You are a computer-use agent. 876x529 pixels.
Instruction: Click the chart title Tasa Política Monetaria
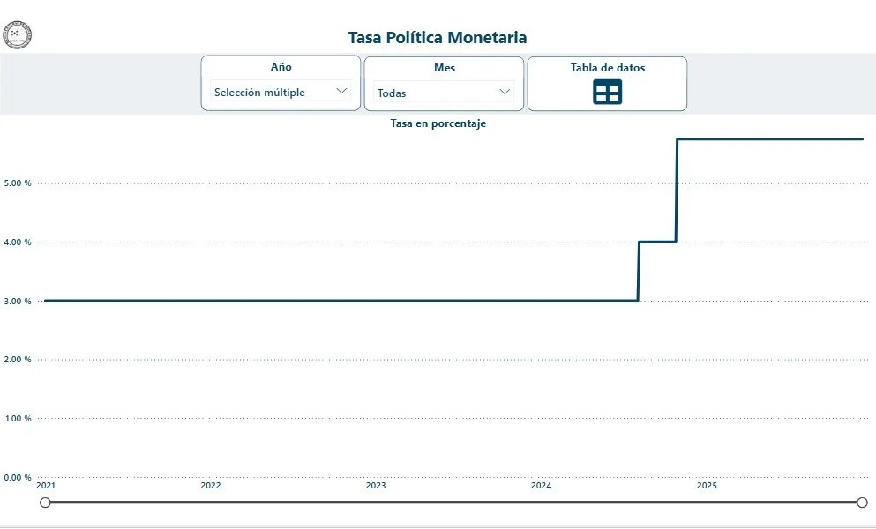438,37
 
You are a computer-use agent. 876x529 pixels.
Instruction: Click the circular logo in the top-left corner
18,35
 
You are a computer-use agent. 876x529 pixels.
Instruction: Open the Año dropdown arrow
341,91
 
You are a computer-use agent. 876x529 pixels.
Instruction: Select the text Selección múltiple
259,92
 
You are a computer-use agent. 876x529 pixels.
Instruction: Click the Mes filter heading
445,68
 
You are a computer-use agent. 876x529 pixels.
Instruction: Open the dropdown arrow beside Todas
505,91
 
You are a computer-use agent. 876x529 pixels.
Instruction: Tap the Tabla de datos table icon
607,92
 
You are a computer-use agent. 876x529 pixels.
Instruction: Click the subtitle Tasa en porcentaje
438,123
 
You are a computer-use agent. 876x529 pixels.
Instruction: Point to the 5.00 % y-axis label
18,183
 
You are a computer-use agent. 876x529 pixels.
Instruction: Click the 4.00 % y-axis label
18,242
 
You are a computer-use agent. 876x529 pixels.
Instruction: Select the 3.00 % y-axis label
18,302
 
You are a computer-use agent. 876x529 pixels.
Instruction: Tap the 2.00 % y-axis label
18,360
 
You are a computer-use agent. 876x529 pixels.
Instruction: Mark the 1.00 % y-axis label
18,419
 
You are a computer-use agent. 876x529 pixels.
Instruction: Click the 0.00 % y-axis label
18,478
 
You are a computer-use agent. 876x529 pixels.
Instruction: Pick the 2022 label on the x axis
210,486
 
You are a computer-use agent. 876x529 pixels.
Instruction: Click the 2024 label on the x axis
541,486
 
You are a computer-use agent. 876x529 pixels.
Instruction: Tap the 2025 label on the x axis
706,486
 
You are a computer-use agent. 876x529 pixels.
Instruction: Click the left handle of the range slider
45,503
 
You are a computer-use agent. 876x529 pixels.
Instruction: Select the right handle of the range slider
862,503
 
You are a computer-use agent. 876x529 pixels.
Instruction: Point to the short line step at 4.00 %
657,242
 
